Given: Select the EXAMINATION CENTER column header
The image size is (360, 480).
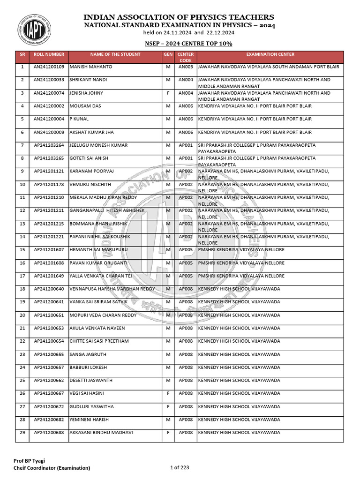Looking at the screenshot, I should point(270,54).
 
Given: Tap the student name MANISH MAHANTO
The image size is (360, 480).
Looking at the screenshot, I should point(91,67).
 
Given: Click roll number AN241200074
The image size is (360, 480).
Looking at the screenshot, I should point(49,93).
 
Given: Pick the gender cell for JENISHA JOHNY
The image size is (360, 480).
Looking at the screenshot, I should point(168,93).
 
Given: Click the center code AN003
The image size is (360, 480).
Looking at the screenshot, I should point(186,67).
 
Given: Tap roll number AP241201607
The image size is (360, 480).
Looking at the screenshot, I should point(49,250).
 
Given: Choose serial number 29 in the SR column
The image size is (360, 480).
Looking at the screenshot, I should point(22,433).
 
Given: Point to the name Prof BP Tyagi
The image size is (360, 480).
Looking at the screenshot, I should point(29,461).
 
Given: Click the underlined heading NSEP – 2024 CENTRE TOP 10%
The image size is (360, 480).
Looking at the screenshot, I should point(189,44).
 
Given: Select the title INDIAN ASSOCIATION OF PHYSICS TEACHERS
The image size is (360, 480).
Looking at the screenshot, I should point(179,17).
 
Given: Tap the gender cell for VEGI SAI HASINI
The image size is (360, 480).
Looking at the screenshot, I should point(168,393).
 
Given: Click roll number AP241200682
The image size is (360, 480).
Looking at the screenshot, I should point(49,420).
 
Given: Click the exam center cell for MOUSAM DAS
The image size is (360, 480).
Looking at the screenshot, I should point(255,106).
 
